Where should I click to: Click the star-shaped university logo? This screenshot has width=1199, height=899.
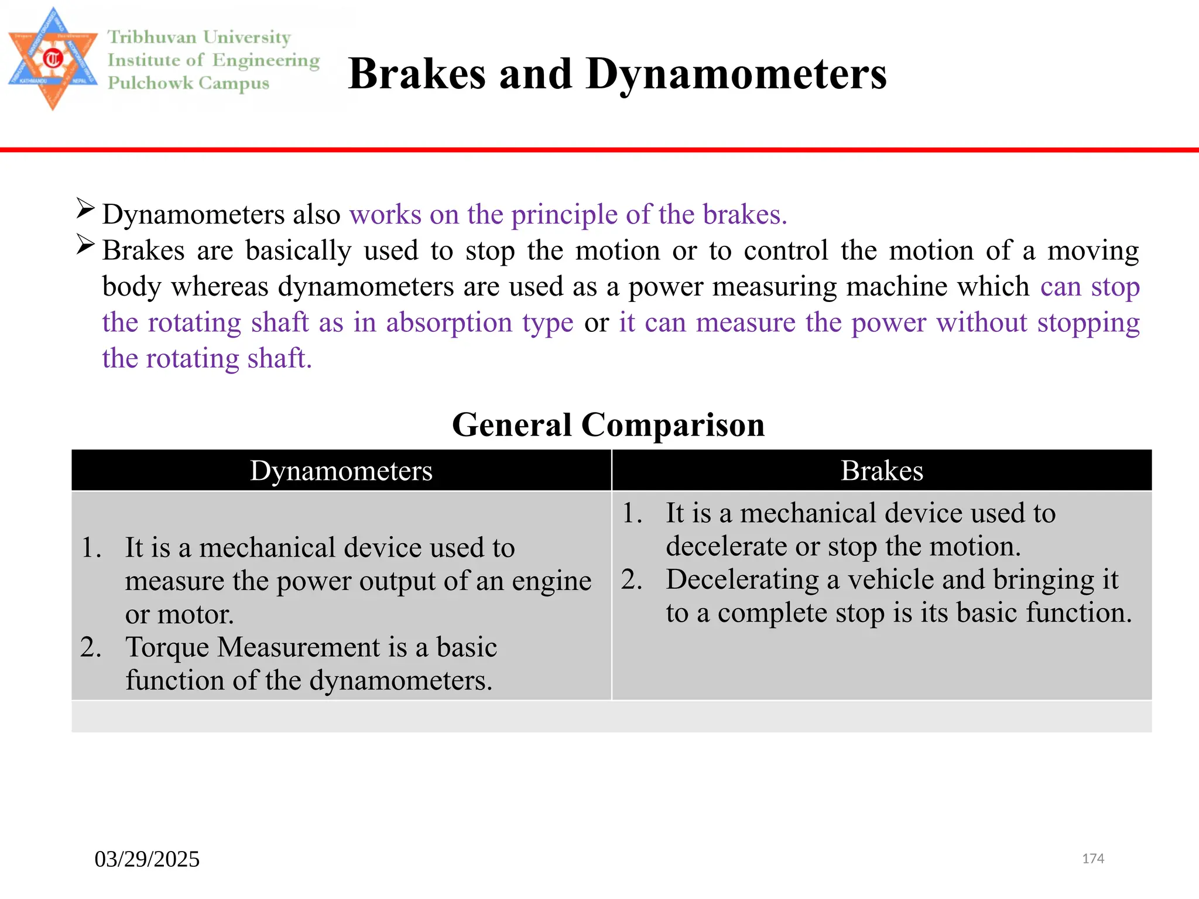point(53,59)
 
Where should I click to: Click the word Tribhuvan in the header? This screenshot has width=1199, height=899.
point(152,37)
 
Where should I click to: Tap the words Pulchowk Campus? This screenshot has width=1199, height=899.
point(188,83)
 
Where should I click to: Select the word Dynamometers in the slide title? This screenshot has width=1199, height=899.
point(736,74)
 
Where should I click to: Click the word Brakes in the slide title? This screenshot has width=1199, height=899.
point(417,74)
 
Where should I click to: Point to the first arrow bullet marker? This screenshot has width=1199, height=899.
point(85,208)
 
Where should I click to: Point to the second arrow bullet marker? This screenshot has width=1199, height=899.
point(85,245)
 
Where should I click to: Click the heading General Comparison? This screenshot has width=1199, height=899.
point(608,424)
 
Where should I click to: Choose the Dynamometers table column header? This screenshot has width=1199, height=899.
point(341,471)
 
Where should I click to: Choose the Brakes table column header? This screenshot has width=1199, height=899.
point(882,471)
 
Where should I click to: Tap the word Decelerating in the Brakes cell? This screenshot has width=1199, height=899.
point(742,579)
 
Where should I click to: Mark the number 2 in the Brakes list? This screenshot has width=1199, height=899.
point(631,579)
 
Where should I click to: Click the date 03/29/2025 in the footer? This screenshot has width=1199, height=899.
point(147,859)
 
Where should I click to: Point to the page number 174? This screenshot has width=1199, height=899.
point(1092,859)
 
